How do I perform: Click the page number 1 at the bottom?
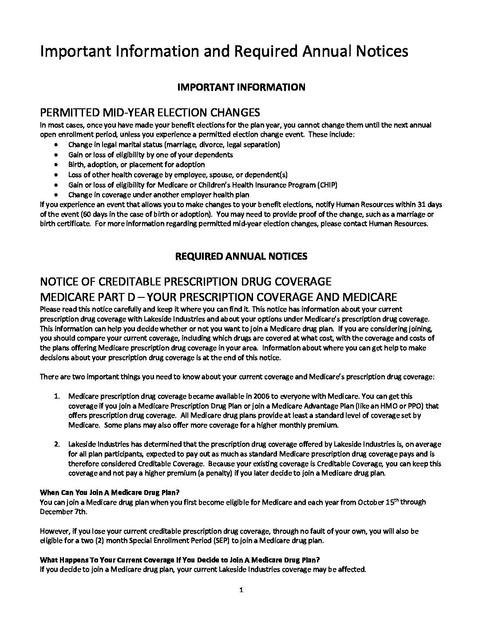[241, 590]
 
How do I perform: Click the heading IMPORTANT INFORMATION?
[241, 87]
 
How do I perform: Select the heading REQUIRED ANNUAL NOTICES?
[241, 256]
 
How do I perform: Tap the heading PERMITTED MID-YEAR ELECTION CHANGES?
[150, 112]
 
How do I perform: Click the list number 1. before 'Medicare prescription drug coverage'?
[57, 396]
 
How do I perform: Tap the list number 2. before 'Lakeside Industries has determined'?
[57, 444]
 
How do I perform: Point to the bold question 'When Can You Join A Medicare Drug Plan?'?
[110, 492]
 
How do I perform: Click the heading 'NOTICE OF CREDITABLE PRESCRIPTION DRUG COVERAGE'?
[186, 281]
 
